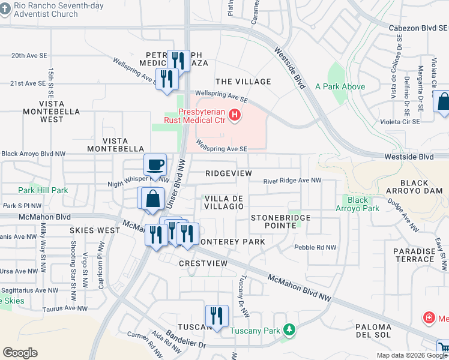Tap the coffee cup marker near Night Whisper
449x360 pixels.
point(155,165)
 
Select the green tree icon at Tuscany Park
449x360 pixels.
point(289,330)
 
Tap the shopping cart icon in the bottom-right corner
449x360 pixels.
point(443,347)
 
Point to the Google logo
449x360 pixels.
point(20,353)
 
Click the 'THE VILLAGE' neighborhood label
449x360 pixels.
point(243,82)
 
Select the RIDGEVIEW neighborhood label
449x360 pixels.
point(228,173)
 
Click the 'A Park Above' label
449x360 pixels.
point(340,86)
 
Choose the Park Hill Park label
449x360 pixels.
point(43,190)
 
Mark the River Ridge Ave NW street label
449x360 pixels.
point(292,180)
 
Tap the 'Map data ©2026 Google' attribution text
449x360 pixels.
point(412,355)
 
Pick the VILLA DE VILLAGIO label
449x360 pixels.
point(224,202)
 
